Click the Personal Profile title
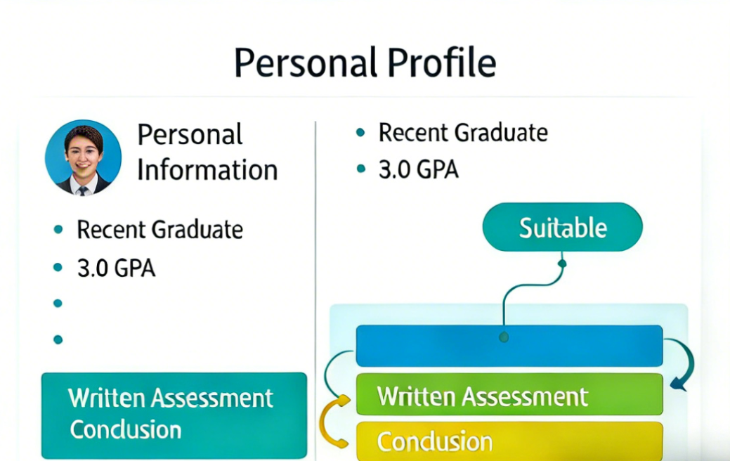click(365, 63)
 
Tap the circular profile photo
click(83, 157)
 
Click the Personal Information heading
click(207, 152)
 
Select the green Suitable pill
click(562, 227)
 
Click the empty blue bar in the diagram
click(509, 346)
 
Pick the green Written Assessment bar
click(509, 395)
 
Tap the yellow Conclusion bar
click(509, 441)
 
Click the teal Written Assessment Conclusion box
click(174, 415)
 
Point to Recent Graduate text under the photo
click(159, 229)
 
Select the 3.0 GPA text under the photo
click(116, 268)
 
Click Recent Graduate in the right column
click(463, 132)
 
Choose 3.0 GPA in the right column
click(419, 169)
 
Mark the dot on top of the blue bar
click(504, 337)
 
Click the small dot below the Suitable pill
click(561, 264)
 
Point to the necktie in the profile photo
click(83, 189)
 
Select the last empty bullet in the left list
click(58, 339)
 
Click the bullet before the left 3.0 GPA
click(58, 267)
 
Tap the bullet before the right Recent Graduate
click(360, 132)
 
